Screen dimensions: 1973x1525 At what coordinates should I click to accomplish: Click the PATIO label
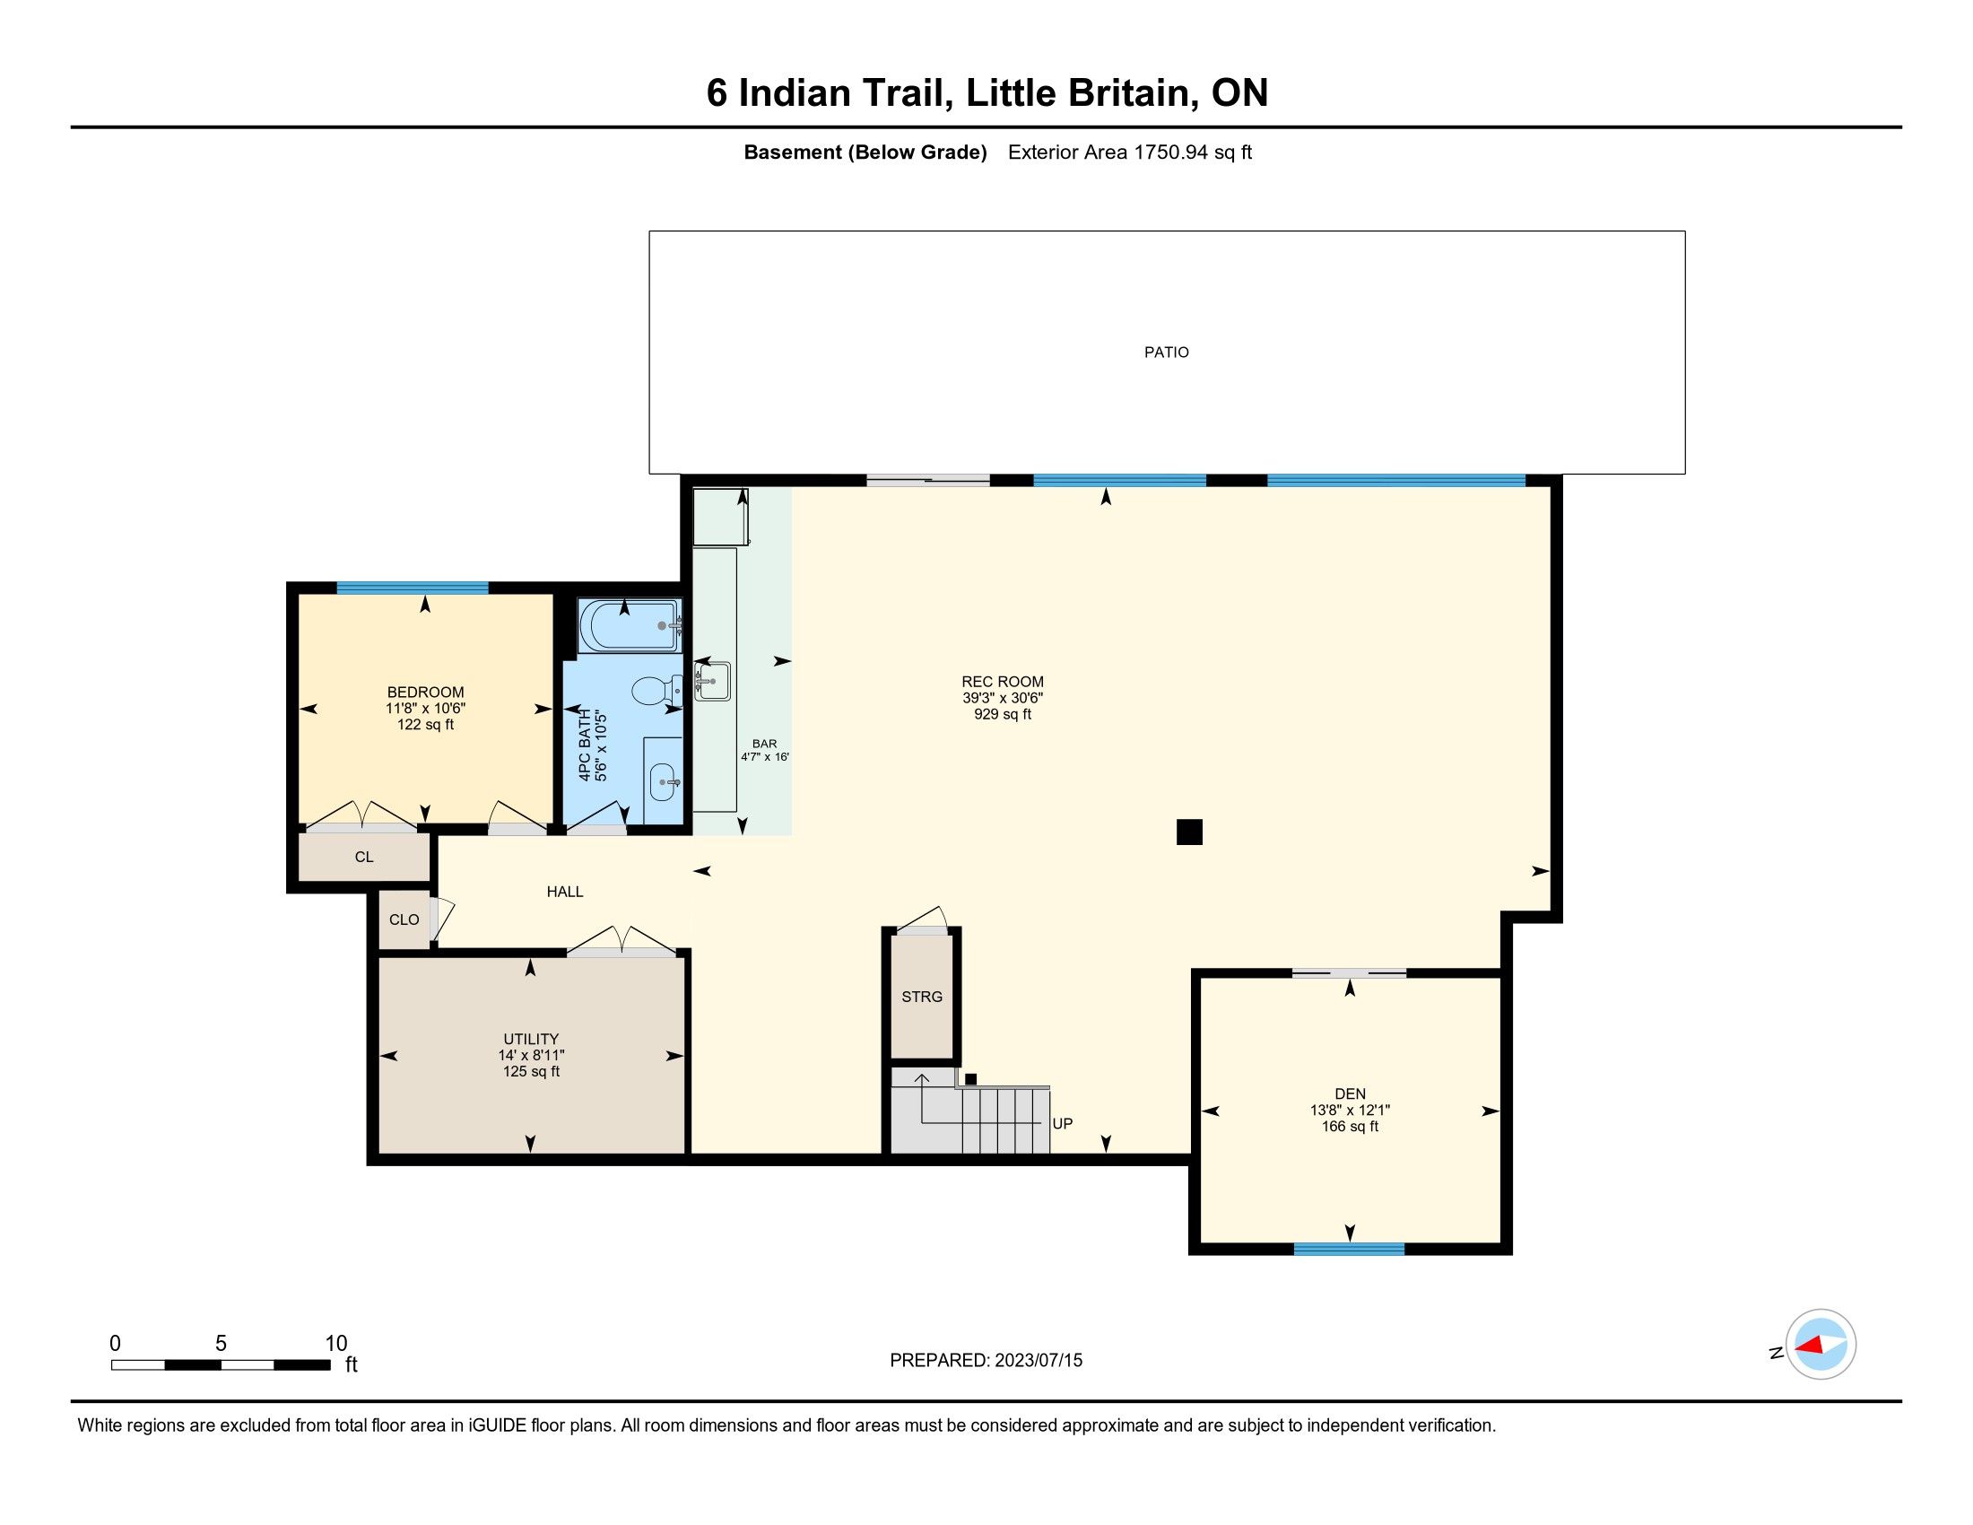pyautogui.click(x=1166, y=353)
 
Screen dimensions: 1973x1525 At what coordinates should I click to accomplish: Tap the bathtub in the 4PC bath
pyautogui.click(x=629, y=625)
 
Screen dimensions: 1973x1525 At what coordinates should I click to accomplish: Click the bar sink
pyautogui.click(x=712, y=680)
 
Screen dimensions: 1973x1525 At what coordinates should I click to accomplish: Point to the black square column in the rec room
pyautogui.click(x=1189, y=832)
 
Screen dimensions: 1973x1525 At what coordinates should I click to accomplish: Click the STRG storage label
pyautogui.click(x=921, y=997)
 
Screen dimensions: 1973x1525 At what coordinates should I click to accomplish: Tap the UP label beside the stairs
pyautogui.click(x=1063, y=1124)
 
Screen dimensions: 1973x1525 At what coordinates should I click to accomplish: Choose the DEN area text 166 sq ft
pyautogui.click(x=1350, y=1127)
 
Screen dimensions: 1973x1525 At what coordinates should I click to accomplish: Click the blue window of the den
pyautogui.click(x=1349, y=1249)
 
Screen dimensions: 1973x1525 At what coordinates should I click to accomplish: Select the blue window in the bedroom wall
pyautogui.click(x=412, y=588)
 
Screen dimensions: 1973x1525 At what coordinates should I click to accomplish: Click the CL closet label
pyautogui.click(x=364, y=857)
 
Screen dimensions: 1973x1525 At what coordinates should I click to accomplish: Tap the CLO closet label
pyautogui.click(x=404, y=919)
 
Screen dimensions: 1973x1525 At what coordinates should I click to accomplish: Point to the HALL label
pyautogui.click(x=565, y=892)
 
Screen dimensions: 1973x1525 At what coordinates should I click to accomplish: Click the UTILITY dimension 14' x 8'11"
pyautogui.click(x=531, y=1055)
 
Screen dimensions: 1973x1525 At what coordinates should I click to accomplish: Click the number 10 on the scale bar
pyautogui.click(x=336, y=1344)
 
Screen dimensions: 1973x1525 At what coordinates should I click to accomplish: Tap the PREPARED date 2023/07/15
pyautogui.click(x=1038, y=1361)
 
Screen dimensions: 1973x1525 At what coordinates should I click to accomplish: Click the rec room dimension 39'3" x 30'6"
pyautogui.click(x=1002, y=698)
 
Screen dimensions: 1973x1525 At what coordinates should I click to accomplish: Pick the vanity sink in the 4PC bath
pyautogui.click(x=664, y=780)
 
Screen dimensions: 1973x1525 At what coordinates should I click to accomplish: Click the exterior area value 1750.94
pyautogui.click(x=1170, y=152)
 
